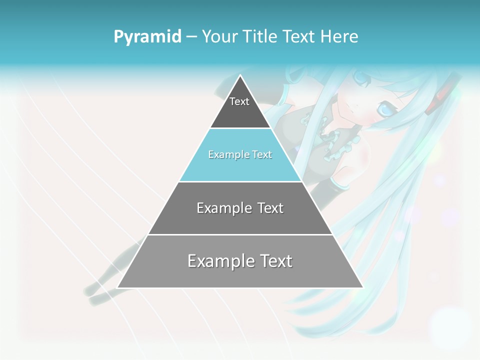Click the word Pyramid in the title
point(147,37)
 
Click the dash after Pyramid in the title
point(191,37)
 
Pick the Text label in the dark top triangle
point(239,102)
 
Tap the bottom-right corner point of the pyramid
point(362,287)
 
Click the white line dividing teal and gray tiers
point(240,181)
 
